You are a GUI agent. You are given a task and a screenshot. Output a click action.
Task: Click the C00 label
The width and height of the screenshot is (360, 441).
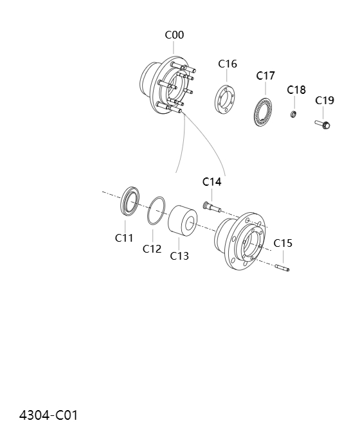pyautogui.click(x=174, y=35)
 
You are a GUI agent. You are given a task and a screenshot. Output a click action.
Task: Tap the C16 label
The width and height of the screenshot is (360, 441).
pyautogui.click(x=228, y=64)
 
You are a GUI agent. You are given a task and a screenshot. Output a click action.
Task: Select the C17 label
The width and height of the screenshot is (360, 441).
pyautogui.click(x=265, y=76)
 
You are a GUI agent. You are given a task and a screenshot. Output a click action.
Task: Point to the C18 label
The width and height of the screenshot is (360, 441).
pyautogui.click(x=296, y=89)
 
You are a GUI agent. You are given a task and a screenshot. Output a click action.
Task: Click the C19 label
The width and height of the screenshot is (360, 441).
pyautogui.click(x=325, y=100)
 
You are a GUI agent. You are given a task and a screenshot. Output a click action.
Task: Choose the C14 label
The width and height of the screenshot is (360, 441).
pyautogui.click(x=212, y=182)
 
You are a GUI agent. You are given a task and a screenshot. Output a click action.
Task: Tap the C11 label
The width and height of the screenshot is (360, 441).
pyautogui.click(x=124, y=238)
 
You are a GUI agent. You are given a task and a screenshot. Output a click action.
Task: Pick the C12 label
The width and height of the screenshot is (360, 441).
pyautogui.click(x=152, y=249)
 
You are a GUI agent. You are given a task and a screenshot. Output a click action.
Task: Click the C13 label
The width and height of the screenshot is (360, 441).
pyautogui.click(x=179, y=256)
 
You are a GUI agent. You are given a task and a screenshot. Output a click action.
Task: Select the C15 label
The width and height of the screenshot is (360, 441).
pyautogui.click(x=283, y=243)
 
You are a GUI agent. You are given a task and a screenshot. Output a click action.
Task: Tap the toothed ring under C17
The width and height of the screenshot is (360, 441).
pyautogui.click(x=264, y=112)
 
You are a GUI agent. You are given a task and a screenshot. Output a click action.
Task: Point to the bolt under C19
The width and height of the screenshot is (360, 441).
pyautogui.click(x=323, y=123)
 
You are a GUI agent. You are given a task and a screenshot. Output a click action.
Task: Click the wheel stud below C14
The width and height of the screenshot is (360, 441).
pyautogui.click(x=212, y=206)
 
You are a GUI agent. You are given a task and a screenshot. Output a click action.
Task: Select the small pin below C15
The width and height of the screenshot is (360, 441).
pyautogui.click(x=282, y=267)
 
